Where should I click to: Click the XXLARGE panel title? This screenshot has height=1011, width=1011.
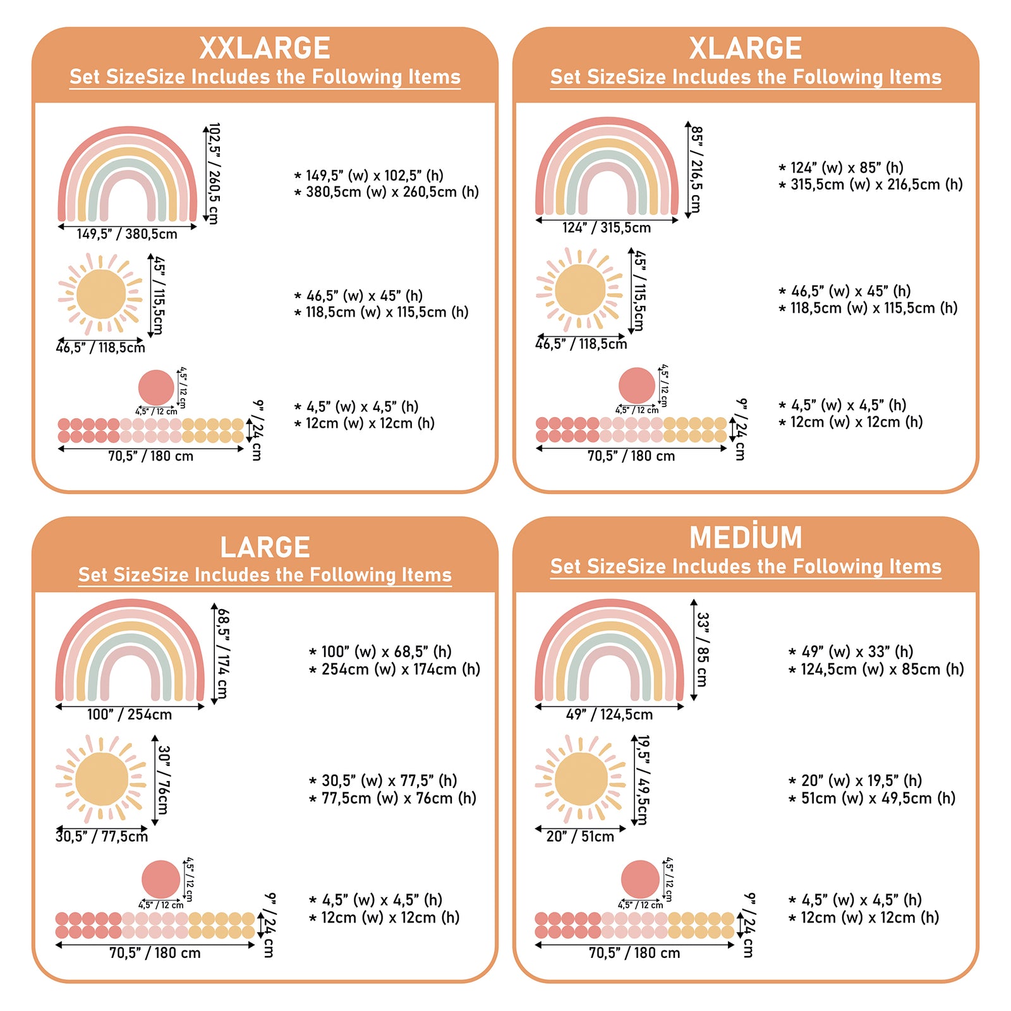265,49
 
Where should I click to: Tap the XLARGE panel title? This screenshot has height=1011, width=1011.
746,49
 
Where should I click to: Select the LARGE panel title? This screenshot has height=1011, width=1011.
265,547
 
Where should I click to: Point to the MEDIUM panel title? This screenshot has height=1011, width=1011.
746,538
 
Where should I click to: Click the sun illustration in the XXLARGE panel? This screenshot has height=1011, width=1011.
100,294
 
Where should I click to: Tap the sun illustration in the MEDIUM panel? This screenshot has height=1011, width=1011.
580,779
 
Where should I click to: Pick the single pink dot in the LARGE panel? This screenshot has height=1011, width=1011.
160,879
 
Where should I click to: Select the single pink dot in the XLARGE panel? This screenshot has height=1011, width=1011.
636,385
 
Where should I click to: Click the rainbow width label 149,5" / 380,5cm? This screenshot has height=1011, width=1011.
127,234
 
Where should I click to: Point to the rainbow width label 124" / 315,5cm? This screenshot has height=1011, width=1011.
607,228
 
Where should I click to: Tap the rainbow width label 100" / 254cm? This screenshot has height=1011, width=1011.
130,715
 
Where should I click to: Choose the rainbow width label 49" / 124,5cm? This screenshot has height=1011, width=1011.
609,715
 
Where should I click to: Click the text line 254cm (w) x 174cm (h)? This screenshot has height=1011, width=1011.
400,669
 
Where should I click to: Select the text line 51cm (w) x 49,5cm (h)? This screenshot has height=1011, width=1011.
878,798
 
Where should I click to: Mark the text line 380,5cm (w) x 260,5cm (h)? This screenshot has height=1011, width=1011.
392,192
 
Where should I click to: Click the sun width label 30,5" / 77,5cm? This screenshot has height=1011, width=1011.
102,837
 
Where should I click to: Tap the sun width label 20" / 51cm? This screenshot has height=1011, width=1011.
580,837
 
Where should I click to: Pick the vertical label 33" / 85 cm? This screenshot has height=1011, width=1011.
702,650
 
